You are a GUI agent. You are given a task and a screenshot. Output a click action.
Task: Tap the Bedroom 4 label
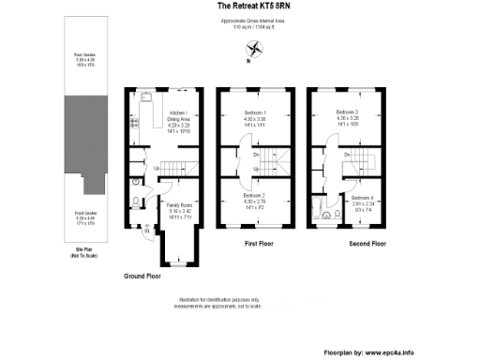click(x=363, y=202)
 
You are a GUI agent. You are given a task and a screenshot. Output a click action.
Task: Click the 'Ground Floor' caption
click(x=142, y=277)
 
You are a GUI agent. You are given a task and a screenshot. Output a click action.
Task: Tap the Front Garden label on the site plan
click(x=85, y=218)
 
